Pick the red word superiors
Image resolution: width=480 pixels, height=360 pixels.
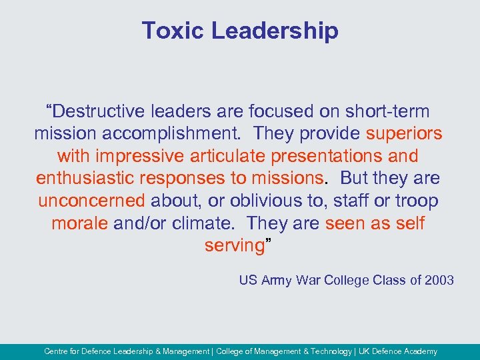click(404, 134)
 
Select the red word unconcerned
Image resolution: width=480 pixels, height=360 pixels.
click(91, 201)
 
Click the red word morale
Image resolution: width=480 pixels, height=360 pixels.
click(80, 223)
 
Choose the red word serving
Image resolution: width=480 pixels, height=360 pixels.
click(235, 246)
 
